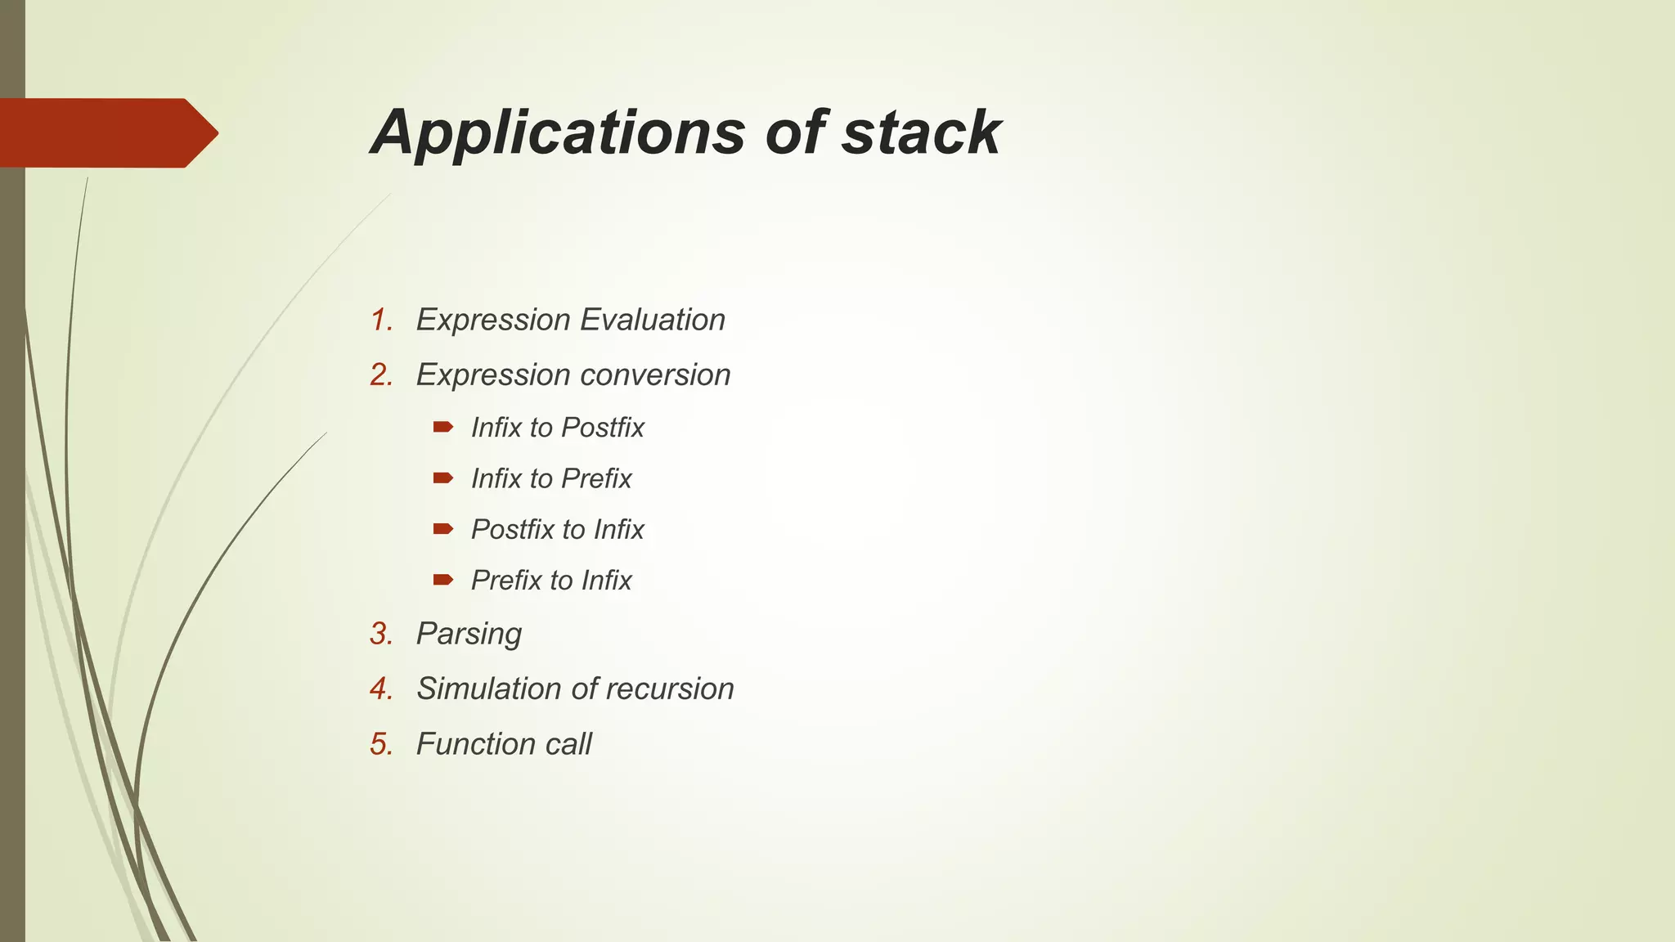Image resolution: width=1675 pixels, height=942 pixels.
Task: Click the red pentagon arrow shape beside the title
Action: coord(106,132)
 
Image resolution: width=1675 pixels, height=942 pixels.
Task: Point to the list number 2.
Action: coord(381,375)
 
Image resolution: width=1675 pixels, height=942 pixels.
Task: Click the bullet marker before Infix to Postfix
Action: coord(443,426)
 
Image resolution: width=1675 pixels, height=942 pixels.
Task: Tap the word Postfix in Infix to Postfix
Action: coord(603,428)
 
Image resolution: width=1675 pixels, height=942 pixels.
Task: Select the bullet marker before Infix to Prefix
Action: coord(443,478)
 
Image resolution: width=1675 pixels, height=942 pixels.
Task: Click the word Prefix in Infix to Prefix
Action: coord(596,478)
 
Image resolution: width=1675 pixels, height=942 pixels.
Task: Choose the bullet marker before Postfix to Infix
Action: coord(443,529)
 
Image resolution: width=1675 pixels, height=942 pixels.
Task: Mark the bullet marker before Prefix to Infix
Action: coord(443,580)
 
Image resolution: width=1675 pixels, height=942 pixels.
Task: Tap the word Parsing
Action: coord(469,635)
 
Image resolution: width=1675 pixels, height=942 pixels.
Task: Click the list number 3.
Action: coord(381,634)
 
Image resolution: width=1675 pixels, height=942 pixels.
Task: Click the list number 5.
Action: coord(381,744)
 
